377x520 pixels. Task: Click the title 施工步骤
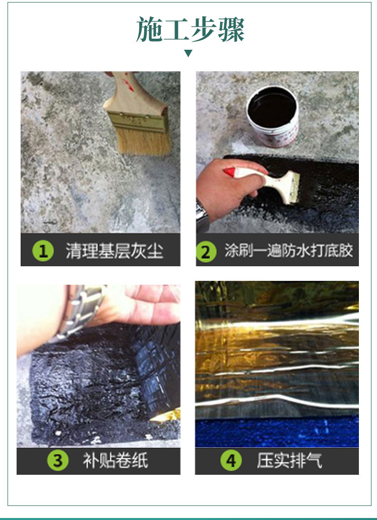pos(190,29)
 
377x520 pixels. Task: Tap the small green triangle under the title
pos(188,53)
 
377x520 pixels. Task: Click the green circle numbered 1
pos(43,251)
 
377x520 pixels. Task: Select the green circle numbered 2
pos(206,252)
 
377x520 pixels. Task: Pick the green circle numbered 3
pos(58,460)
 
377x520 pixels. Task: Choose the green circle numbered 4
pos(231,460)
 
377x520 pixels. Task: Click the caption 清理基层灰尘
pos(115,251)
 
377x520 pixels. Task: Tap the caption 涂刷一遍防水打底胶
pos(289,250)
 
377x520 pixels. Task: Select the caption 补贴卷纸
pos(116,460)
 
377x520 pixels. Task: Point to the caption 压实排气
pos(290,460)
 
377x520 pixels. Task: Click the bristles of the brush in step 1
pos(144,141)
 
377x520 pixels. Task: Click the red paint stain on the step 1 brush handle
pos(128,85)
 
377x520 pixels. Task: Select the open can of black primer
pos(273,116)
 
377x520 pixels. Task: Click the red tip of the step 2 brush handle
pos(230,172)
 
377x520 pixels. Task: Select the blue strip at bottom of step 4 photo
pos(277,432)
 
